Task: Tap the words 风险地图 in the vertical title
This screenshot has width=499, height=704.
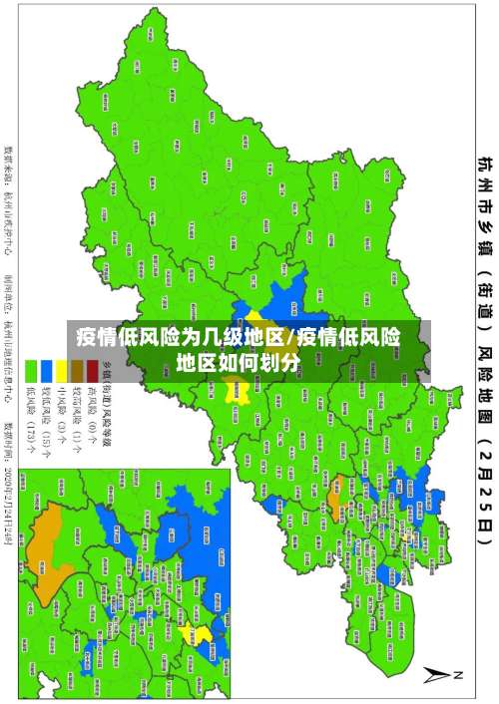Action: [483, 379]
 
